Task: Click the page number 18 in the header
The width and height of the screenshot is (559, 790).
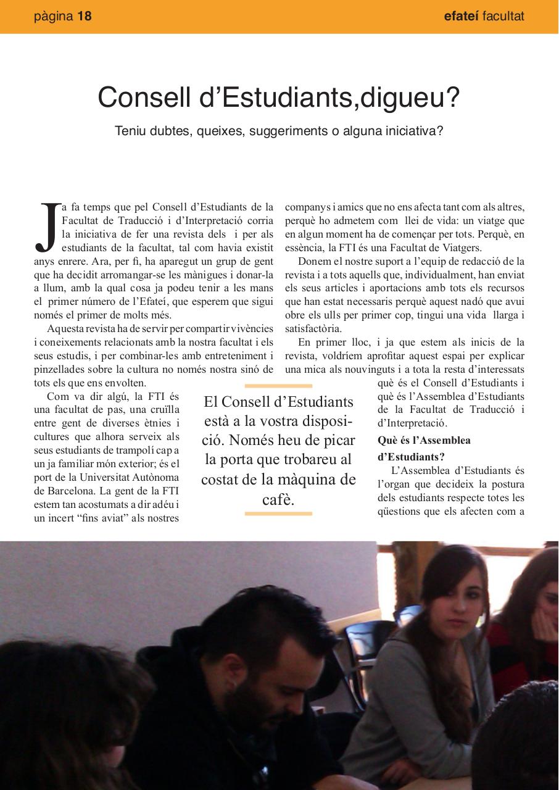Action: pos(84,17)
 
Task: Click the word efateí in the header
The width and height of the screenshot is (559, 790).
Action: pos(461,17)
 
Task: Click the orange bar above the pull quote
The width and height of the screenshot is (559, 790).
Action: pos(278,386)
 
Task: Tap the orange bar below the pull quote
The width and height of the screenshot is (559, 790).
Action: pos(278,513)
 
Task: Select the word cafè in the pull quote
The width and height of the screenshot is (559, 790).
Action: pos(278,499)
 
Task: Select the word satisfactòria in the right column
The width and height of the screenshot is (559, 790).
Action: pos(313,329)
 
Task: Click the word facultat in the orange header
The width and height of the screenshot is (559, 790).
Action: pos(503,17)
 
